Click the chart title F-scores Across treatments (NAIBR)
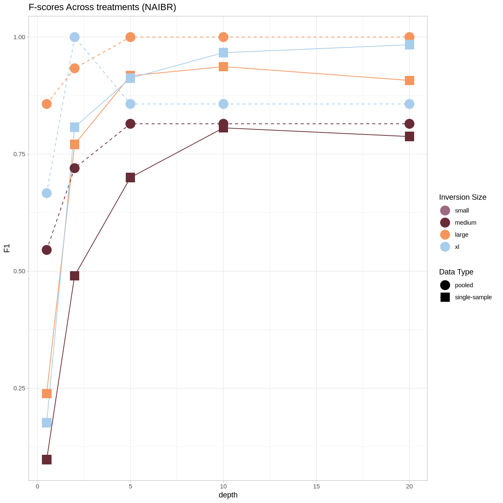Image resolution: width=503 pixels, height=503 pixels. tap(102, 7)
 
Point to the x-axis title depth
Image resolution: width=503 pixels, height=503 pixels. tap(228, 495)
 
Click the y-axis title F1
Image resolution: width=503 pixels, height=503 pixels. tap(7, 248)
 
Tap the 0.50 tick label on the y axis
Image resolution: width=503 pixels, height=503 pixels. tap(19, 271)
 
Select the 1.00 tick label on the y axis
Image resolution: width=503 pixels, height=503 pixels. tap(19, 37)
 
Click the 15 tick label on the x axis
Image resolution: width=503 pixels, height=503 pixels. tap(316, 486)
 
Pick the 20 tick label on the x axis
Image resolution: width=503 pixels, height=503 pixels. tap(410, 486)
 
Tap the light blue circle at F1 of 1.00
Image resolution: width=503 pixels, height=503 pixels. tap(75, 37)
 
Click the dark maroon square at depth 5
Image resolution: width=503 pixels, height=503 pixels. tap(130, 177)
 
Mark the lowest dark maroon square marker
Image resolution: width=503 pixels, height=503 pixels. tap(47, 459)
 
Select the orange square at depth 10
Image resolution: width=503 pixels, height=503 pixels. tap(223, 67)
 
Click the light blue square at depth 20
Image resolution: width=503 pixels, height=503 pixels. tap(410, 45)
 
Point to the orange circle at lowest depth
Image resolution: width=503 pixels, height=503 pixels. tap(47, 104)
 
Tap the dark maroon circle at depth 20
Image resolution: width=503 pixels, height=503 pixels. tap(410, 124)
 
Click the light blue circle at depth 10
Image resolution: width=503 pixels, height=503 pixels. tap(223, 104)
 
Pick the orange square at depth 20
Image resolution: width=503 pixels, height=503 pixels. tap(410, 80)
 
